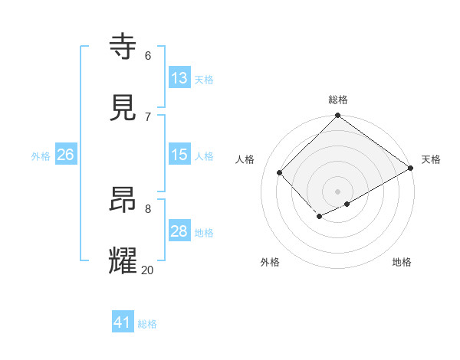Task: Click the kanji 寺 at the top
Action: (x=123, y=46)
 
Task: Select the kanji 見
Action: (x=123, y=107)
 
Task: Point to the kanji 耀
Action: (x=123, y=261)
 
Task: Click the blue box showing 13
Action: (x=179, y=78)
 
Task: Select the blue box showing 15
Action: (x=179, y=155)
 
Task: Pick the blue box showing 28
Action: (x=179, y=231)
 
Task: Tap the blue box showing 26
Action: (x=65, y=155)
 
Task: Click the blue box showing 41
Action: (x=123, y=322)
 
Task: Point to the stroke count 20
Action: (x=147, y=270)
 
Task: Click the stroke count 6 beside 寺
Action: (x=147, y=55)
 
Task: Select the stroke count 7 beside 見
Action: (x=147, y=116)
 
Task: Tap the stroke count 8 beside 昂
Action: (x=147, y=208)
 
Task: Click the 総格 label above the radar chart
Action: (x=337, y=100)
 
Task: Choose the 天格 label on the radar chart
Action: (x=431, y=159)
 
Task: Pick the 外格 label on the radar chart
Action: (x=270, y=262)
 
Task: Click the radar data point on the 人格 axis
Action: (x=280, y=173)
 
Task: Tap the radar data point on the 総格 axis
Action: (x=337, y=116)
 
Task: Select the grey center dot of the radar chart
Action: (x=337, y=191)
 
